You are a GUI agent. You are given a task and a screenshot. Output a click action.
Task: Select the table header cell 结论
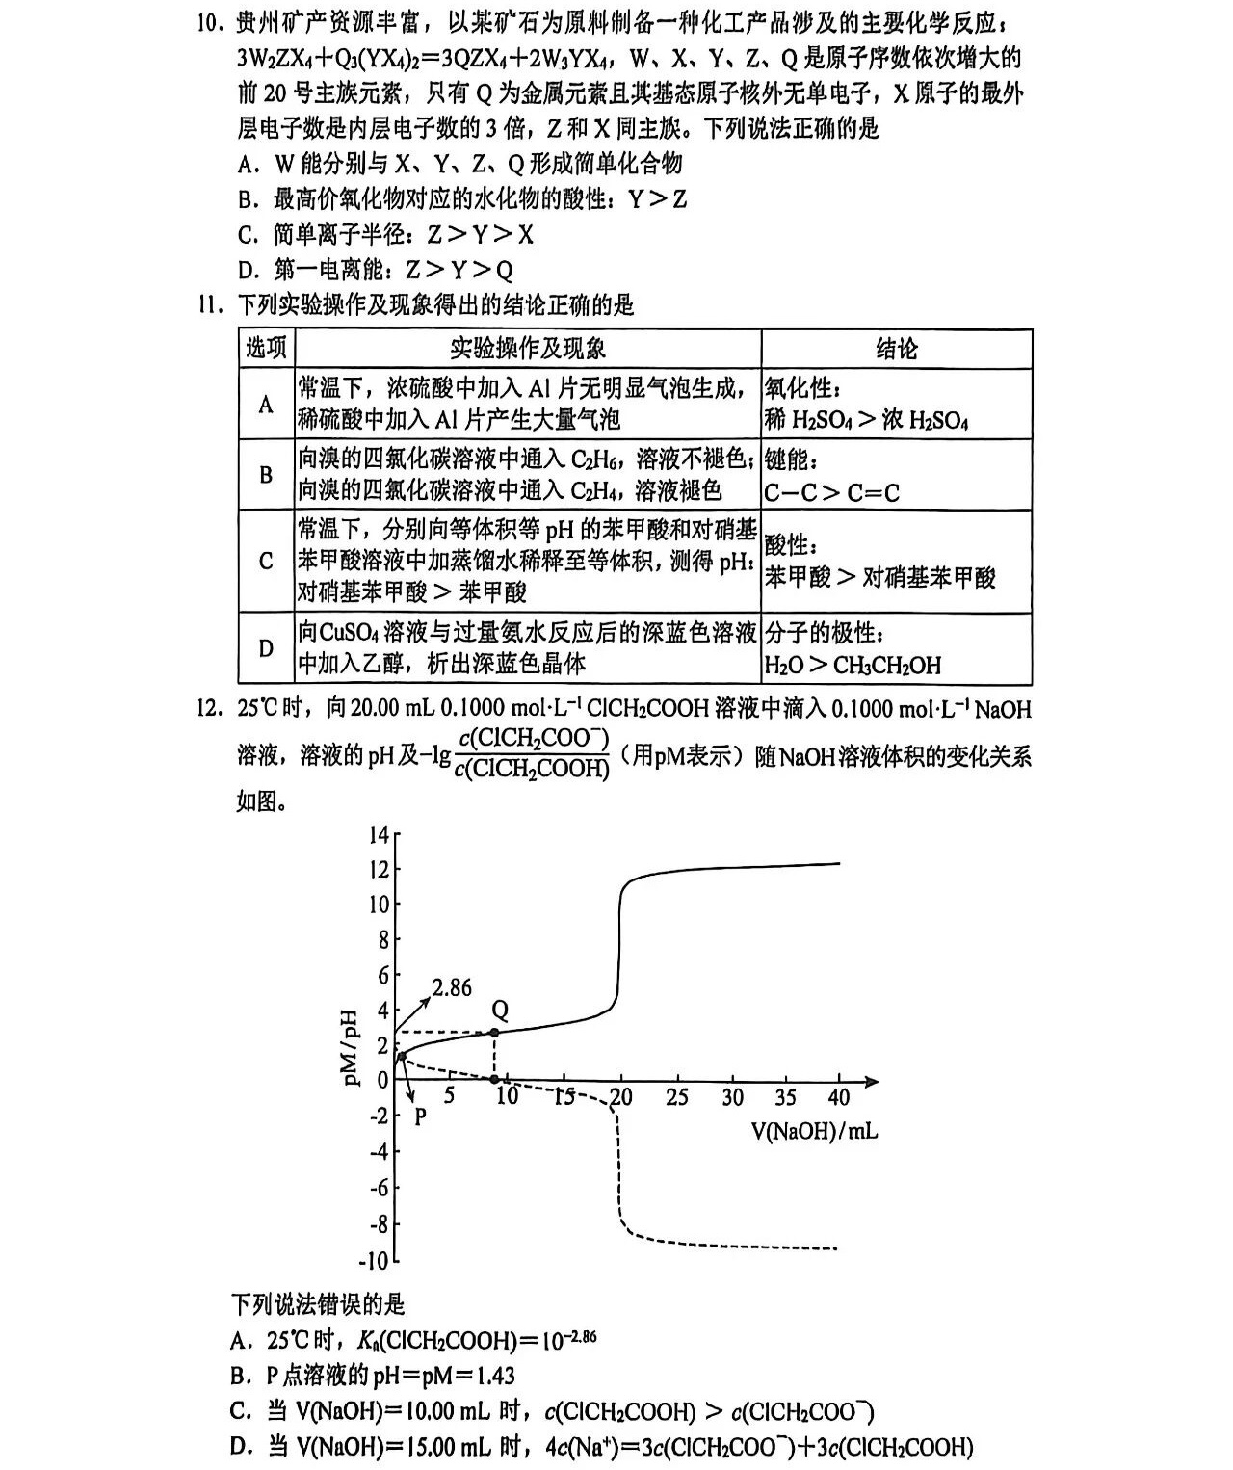coord(896,349)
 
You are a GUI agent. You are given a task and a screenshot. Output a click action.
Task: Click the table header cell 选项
coord(266,349)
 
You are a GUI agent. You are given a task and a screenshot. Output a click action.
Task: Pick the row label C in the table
coord(266,561)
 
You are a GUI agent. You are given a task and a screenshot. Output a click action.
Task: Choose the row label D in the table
coord(266,648)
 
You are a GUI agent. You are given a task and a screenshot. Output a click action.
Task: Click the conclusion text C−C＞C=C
coord(831,493)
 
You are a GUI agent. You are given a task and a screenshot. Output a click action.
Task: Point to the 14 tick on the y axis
coord(379,835)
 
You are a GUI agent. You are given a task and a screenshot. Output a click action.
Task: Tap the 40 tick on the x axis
coord(838,1097)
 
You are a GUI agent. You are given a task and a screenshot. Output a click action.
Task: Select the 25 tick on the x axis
coord(677,1097)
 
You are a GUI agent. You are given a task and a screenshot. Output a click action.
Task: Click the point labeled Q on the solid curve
coord(495,1033)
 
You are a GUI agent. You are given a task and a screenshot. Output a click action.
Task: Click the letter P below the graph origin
coord(419,1117)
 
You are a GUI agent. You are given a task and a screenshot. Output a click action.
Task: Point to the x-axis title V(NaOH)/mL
coord(814,1130)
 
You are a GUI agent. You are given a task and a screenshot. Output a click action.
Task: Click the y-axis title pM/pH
coord(353,1047)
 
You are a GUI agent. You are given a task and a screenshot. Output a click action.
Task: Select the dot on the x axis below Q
coord(495,1080)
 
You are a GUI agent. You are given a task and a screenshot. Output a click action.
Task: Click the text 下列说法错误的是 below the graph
coord(318,1305)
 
